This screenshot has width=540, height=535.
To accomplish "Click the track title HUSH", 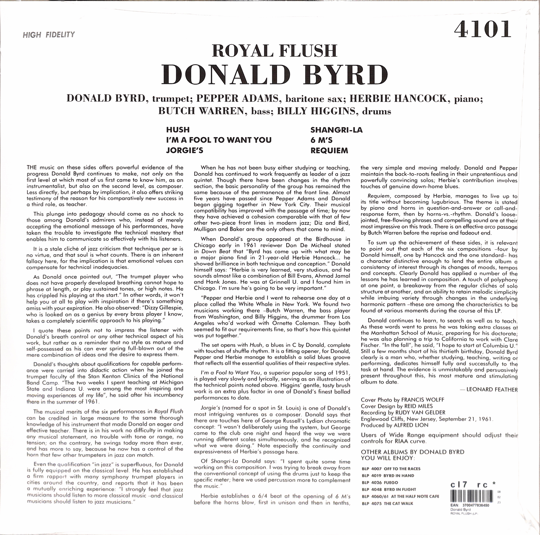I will point(178,130).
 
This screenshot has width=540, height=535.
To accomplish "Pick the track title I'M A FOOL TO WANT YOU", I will point(219,140).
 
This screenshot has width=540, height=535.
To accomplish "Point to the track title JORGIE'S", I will point(184,150).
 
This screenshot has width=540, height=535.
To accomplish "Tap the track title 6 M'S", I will point(321,140).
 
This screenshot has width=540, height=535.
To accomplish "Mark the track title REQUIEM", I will point(329,150).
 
